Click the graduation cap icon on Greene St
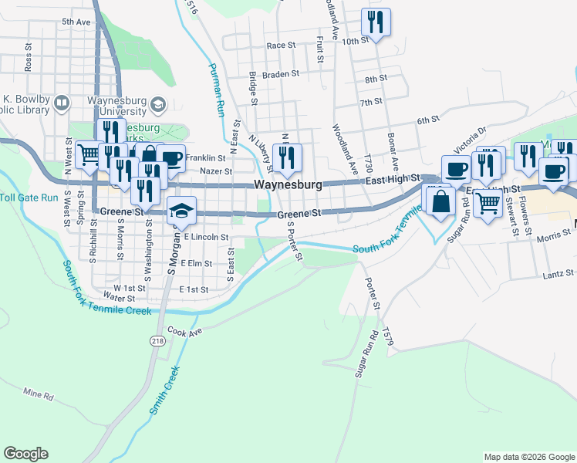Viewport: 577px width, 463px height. coord(181,211)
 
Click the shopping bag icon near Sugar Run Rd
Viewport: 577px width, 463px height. coord(440,202)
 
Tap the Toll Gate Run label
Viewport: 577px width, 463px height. coord(29,198)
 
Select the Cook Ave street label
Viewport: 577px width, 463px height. coord(184,332)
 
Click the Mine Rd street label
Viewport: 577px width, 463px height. coord(39,396)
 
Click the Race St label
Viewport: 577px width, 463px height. coord(281,46)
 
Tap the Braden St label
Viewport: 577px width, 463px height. coord(279,74)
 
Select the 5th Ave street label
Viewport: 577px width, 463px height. coord(76,22)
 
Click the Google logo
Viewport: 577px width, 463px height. coord(25,454)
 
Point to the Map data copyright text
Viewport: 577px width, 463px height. coord(529,457)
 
